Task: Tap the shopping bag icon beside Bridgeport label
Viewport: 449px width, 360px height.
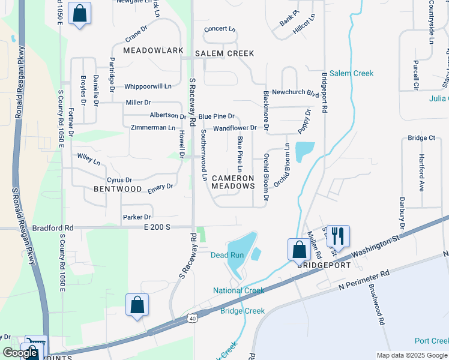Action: (299, 248)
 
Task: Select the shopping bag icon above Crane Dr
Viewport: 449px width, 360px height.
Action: (79, 13)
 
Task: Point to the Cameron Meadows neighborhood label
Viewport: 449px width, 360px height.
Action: (233, 182)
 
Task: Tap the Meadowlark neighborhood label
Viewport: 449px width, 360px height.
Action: (153, 50)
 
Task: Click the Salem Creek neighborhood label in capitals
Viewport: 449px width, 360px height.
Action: (224, 53)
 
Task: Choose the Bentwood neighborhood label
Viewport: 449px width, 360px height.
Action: (118, 189)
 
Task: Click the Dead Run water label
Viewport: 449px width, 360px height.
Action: (227, 255)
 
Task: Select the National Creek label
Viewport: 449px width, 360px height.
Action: (238, 291)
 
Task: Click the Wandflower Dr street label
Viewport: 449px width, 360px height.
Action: (235, 128)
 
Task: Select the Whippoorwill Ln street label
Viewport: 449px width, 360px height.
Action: (148, 86)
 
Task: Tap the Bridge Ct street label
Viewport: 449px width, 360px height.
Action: (421, 138)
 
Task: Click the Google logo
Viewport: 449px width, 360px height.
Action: (20, 353)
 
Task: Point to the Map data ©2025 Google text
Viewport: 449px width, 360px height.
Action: (412, 355)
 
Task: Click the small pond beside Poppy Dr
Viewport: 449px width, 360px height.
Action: (304, 149)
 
